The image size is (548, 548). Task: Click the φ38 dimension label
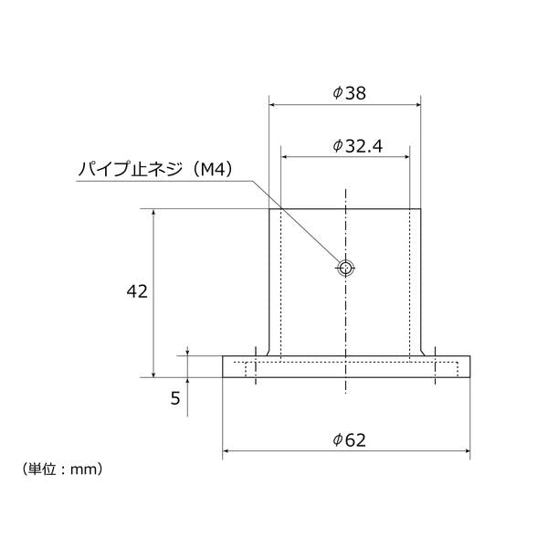point(349,93)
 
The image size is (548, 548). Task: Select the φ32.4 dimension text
point(357,146)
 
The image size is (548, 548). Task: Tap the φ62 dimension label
point(349,439)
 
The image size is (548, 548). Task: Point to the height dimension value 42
point(137,291)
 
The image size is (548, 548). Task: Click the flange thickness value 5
point(175,398)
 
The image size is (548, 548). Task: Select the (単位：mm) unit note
point(62,469)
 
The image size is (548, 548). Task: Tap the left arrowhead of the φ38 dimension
point(272,104)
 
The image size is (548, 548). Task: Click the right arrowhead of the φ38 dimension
point(417,104)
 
